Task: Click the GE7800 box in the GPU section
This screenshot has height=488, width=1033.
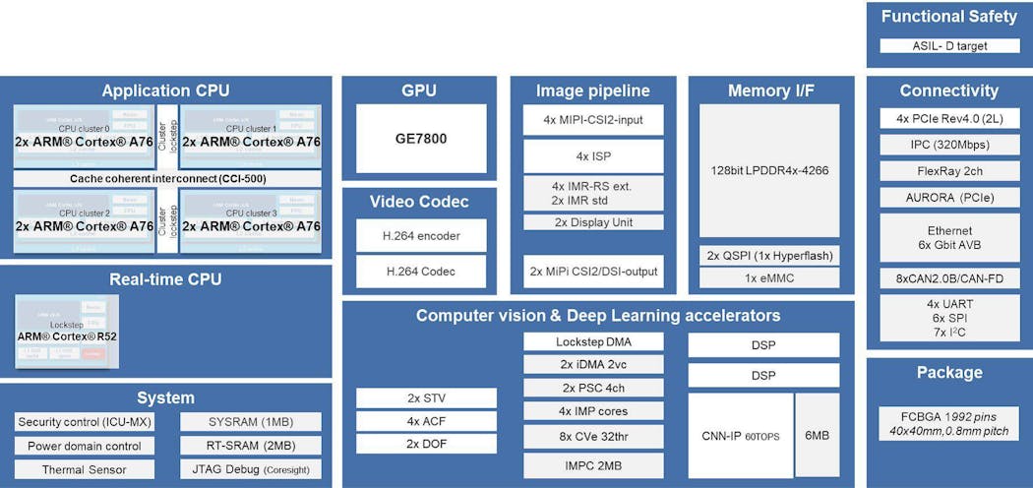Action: pyautogui.click(x=421, y=139)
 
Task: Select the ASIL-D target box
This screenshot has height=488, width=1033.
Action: pyautogui.click(x=949, y=45)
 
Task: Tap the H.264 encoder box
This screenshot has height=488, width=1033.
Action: pyautogui.click(x=421, y=235)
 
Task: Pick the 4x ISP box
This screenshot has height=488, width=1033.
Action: pyautogui.click(x=593, y=155)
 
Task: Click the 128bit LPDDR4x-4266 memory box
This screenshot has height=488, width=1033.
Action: pyautogui.click(x=769, y=170)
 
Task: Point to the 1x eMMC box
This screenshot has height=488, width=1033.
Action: pyautogui.click(x=769, y=278)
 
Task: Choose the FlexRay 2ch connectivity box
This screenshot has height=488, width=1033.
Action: pyautogui.click(x=949, y=168)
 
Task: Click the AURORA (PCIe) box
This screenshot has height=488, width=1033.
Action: pyautogui.click(x=949, y=197)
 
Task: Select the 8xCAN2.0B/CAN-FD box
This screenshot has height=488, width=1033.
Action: pyautogui.click(x=949, y=278)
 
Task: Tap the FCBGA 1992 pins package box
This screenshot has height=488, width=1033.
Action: pyautogui.click(x=949, y=419)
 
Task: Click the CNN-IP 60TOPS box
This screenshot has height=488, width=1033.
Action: pyautogui.click(x=740, y=436)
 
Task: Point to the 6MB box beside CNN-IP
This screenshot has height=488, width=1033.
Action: pyautogui.click(x=818, y=436)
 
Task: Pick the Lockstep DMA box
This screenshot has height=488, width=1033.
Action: pyautogui.click(x=593, y=342)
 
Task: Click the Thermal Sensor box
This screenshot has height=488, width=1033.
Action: pyautogui.click(x=85, y=469)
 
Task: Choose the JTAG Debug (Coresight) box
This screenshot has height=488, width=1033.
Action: pyautogui.click(x=251, y=469)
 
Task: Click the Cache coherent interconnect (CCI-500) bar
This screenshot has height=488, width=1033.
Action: pyautogui.click(x=167, y=179)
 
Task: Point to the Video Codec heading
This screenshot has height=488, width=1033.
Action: pyautogui.click(x=420, y=202)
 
